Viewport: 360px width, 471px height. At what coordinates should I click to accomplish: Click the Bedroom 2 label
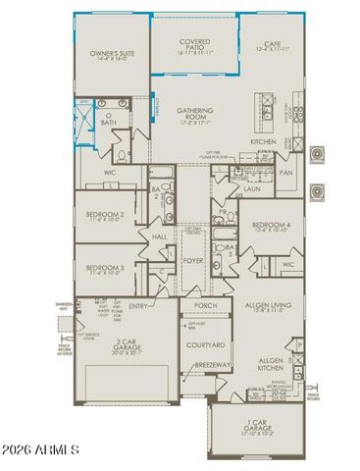(104, 215)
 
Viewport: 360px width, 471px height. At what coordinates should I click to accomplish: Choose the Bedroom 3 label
(104, 268)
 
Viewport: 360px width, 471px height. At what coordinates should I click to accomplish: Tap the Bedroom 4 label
(269, 226)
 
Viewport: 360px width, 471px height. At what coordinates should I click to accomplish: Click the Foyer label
(192, 261)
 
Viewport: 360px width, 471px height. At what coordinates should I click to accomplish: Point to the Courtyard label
(205, 345)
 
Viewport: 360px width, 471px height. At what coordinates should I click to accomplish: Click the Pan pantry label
(286, 173)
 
